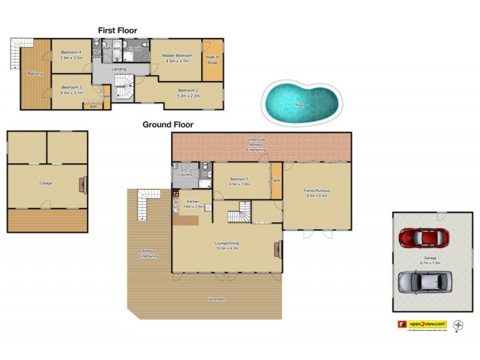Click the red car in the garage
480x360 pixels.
(422, 237)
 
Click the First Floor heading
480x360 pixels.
(118, 30)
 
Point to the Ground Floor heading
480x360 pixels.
(167, 125)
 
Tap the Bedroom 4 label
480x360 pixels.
(72, 52)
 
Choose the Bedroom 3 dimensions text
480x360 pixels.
(72, 93)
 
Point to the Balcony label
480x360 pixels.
(35, 73)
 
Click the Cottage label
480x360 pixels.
(46, 183)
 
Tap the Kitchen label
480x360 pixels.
(193, 201)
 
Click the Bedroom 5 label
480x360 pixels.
(239, 179)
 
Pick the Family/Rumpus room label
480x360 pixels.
(317, 191)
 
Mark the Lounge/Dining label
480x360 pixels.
(227, 243)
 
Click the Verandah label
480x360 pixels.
(217, 299)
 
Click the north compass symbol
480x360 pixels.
(458, 324)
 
